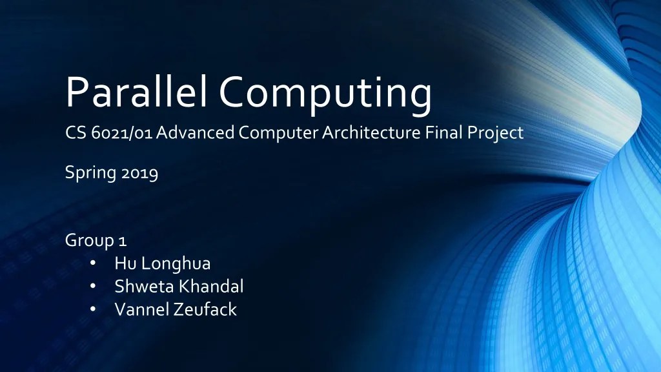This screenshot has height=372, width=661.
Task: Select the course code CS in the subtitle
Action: tap(76, 134)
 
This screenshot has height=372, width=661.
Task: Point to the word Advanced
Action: tap(196, 134)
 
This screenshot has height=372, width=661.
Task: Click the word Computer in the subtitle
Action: tap(279, 134)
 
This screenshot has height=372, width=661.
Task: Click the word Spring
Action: tap(90, 174)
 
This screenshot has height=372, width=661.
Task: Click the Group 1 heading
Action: tap(96, 241)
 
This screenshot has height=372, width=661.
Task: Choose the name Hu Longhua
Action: tap(163, 263)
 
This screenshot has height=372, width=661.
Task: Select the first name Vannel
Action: tap(141, 309)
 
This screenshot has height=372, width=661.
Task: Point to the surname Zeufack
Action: tap(205, 309)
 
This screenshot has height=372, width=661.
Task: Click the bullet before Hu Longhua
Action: tap(93, 263)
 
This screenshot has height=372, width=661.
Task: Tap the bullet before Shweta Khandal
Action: tap(93, 286)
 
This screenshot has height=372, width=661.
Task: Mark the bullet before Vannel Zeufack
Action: tap(93, 309)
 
